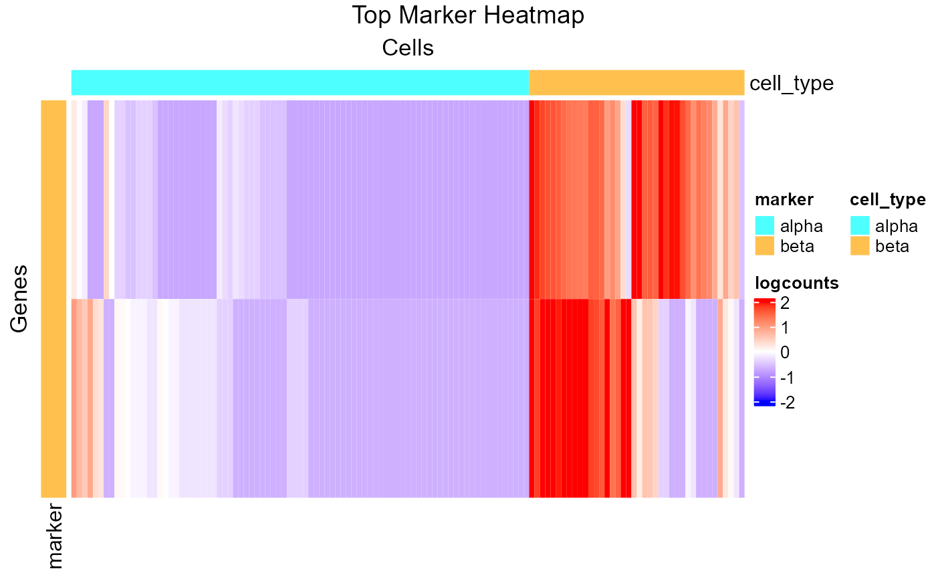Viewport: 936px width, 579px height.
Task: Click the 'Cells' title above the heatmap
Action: (408, 48)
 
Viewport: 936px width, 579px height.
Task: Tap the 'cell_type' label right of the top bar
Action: (792, 84)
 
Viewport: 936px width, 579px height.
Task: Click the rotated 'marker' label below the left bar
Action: (55, 537)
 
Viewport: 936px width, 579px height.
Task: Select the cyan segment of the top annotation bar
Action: (300, 82)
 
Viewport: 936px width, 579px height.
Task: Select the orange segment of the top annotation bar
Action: (636, 82)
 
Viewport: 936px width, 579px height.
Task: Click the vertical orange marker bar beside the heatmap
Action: (54, 298)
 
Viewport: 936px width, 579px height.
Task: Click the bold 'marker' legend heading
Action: (784, 199)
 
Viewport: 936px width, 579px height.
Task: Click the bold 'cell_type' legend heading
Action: (887, 199)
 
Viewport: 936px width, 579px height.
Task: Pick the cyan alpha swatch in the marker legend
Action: (764, 225)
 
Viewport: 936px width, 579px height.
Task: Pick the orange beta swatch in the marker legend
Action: (764, 246)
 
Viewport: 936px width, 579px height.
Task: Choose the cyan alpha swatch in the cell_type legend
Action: (860, 225)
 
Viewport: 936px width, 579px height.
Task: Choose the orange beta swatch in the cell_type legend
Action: (860, 246)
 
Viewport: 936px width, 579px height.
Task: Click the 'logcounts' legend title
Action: (796, 283)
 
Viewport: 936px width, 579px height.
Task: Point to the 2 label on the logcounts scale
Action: (785, 303)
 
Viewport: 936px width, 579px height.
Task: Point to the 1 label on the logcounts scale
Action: (785, 328)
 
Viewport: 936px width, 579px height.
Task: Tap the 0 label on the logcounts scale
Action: (785, 352)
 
